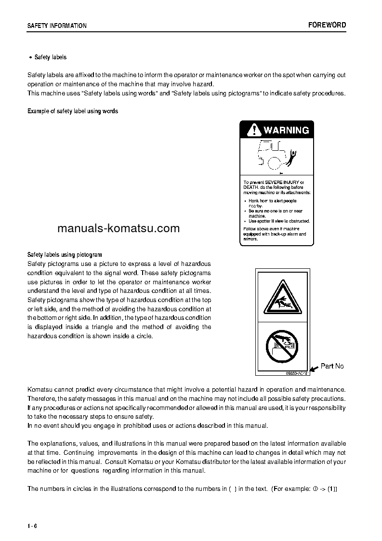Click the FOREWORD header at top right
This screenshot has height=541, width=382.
[x=327, y=25]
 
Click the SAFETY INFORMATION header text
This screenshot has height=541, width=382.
[x=57, y=26]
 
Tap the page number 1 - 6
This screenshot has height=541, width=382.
[x=32, y=526]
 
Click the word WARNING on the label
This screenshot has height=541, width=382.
[x=286, y=130]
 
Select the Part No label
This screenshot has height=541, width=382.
[x=332, y=366]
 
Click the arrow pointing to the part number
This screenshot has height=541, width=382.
[x=313, y=369]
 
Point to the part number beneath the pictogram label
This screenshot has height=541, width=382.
[x=293, y=372]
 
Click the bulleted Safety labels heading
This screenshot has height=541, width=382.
[x=50, y=57]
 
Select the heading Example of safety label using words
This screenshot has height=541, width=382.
[x=73, y=111]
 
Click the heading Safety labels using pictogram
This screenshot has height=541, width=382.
[x=65, y=254]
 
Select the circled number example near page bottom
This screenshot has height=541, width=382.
[x=315, y=488]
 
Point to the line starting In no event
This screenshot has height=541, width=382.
[x=147, y=425]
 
